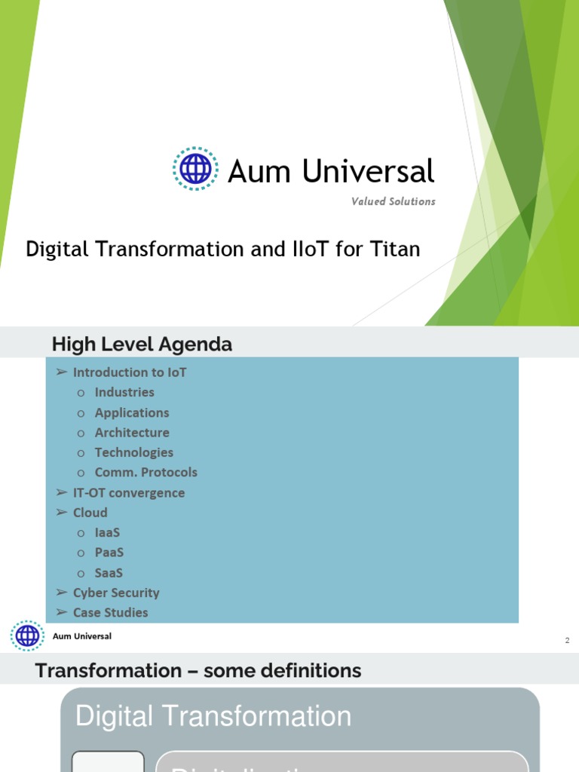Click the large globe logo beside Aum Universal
pyautogui.click(x=195, y=169)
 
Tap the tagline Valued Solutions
pyautogui.click(x=393, y=201)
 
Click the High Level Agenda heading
pyautogui.click(x=142, y=345)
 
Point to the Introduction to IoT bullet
pyautogui.click(x=130, y=372)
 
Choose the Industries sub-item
pyautogui.click(x=124, y=392)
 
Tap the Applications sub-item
pyautogui.click(x=132, y=412)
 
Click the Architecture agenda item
pyautogui.click(x=132, y=433)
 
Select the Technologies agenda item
pyautogui.click(x=134, y=452)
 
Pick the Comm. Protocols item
pyautogui.click(x=146, y=473)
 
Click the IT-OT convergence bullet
pyautogui.click(x=129, y=493)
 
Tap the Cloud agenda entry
pyautogui.click(x=90, y=513)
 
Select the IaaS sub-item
pyautogui.click(x=108, y=532)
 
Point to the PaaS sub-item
pyautogui.click(x=109, y=553)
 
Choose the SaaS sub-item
pyautogui.click(x=109, y=573)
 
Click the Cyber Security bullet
pyautogui.click(x=116, y=593)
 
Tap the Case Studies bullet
pyautogui.click(x=111, y=613)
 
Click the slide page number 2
pyautogui.click(x=567, y=641)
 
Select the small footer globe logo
pyautogui.click(x=27, y=636)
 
